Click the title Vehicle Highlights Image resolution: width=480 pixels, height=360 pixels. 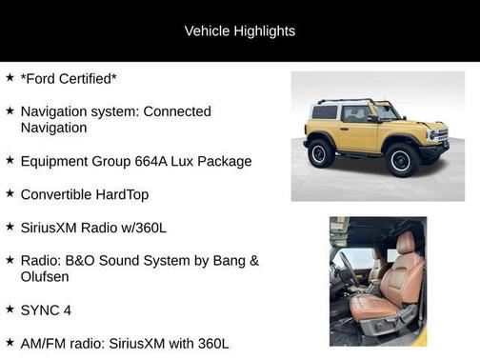[239, 30]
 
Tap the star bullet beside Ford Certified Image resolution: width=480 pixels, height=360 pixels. [10, 77]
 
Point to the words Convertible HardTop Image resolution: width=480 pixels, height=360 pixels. [84, 194]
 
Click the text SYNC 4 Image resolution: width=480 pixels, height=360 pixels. [46, 310]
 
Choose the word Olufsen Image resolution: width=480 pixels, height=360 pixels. [47, 277]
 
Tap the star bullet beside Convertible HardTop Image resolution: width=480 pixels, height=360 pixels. [10, 193]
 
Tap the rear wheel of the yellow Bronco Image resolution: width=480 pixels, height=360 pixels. [321, 152]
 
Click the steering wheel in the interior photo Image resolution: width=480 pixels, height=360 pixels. [347, 271]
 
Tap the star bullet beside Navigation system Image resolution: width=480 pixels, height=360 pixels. [10, 110]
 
